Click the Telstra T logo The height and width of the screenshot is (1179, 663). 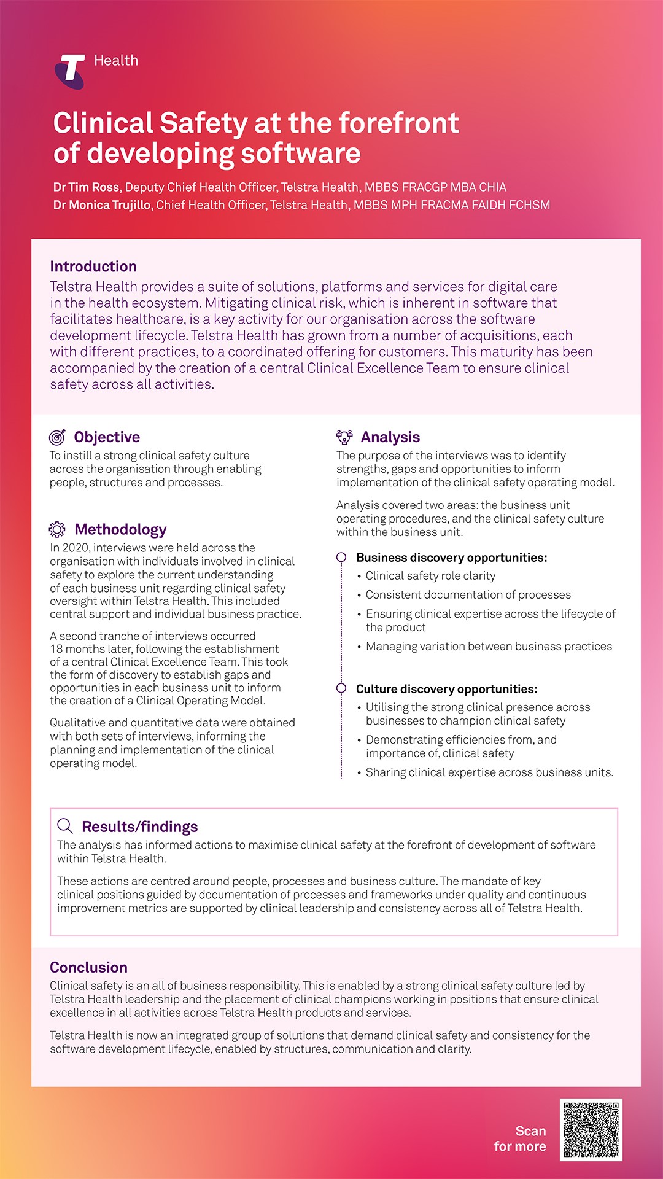coord(70,71)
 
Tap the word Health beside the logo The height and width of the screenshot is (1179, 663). coord(116,60)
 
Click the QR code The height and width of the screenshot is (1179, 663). coord(591,1130)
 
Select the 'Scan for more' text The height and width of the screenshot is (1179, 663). coord(520,1138)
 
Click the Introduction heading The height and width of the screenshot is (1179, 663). coord(93,267)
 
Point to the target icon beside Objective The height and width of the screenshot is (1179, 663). coord(57,437)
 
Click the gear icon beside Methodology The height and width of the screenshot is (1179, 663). coord(57,529)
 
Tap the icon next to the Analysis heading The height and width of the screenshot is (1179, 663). coord(344,437)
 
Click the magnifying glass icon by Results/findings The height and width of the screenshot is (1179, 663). coord(65,826)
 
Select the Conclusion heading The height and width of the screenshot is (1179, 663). coord(88,967)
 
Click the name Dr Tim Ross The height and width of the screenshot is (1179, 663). coord(86,187)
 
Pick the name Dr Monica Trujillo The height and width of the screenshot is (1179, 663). coord(102,205)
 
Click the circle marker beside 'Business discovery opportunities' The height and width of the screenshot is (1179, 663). coord(341,558)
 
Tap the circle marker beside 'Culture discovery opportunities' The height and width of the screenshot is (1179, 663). coord(341,688)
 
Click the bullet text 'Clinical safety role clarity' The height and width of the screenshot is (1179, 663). coord(430,576)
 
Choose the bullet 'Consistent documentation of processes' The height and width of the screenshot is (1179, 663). coord(468,595)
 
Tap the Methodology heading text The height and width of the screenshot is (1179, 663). coord(120,529)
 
